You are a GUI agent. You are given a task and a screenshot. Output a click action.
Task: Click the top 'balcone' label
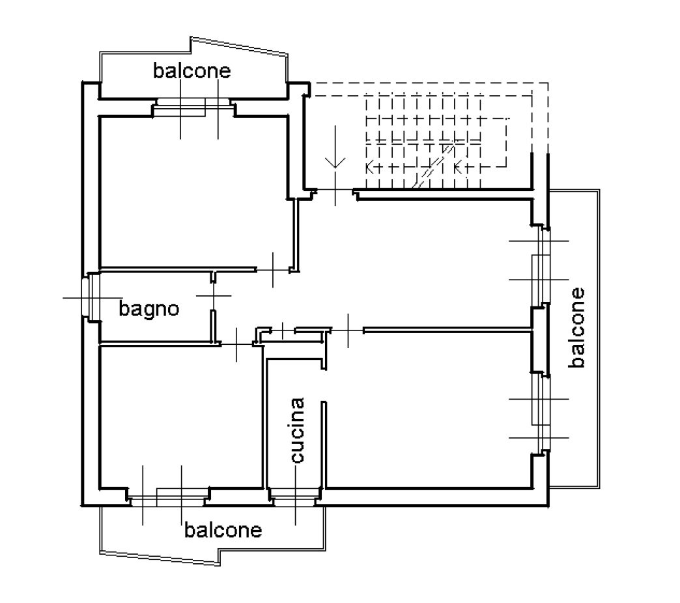point(192,70)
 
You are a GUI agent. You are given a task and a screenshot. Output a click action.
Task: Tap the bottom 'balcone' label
point(223,530)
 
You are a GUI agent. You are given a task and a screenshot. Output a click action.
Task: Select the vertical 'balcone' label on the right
point(576,327)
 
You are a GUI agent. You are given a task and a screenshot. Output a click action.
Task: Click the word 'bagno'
point(149,308)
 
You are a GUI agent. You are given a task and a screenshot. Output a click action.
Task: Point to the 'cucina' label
point(297,430)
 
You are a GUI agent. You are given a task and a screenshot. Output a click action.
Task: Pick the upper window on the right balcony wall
point(541,267)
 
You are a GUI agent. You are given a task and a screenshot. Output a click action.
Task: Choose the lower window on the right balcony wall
point(541,411)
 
